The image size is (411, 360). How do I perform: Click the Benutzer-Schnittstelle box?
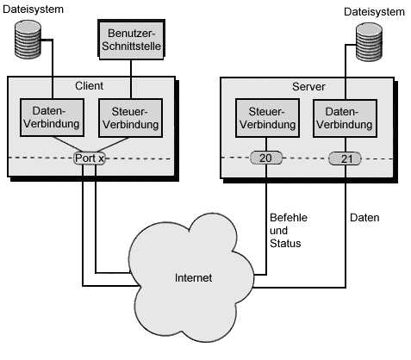[x=131, y=40]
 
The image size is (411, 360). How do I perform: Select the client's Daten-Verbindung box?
[x=52, y=117]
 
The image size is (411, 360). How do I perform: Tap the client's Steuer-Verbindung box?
[x=131, y=118]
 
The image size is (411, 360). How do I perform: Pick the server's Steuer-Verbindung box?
[x=267, y=118]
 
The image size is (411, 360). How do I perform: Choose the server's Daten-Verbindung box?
[x=345, y=118]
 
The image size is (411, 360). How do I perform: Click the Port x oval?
[x=90, y=158]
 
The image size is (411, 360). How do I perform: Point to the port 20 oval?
[x=266, y=158]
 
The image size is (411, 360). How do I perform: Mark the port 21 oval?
[x=345, y=158]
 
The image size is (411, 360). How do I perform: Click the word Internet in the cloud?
[x=193, y=278]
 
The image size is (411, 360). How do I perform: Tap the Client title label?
[x=89, y=86]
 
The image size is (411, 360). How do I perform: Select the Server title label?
[x=308, y=87]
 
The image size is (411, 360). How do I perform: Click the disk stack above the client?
[x=28, y=40]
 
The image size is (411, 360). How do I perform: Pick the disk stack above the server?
[x=369, y=42]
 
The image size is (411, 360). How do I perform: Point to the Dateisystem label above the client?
[x=33, y=9]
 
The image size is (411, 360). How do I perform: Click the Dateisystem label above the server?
[x=374, y=12]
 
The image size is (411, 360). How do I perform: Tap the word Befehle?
[x=289, y=218]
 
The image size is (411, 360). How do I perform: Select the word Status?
[x=285, y=244]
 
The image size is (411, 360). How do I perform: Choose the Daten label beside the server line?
[x=364, y=218]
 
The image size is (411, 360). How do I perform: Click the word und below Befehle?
[x=278, y=231]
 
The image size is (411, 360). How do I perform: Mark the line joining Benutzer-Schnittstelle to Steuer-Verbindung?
[x=131, y=79]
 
